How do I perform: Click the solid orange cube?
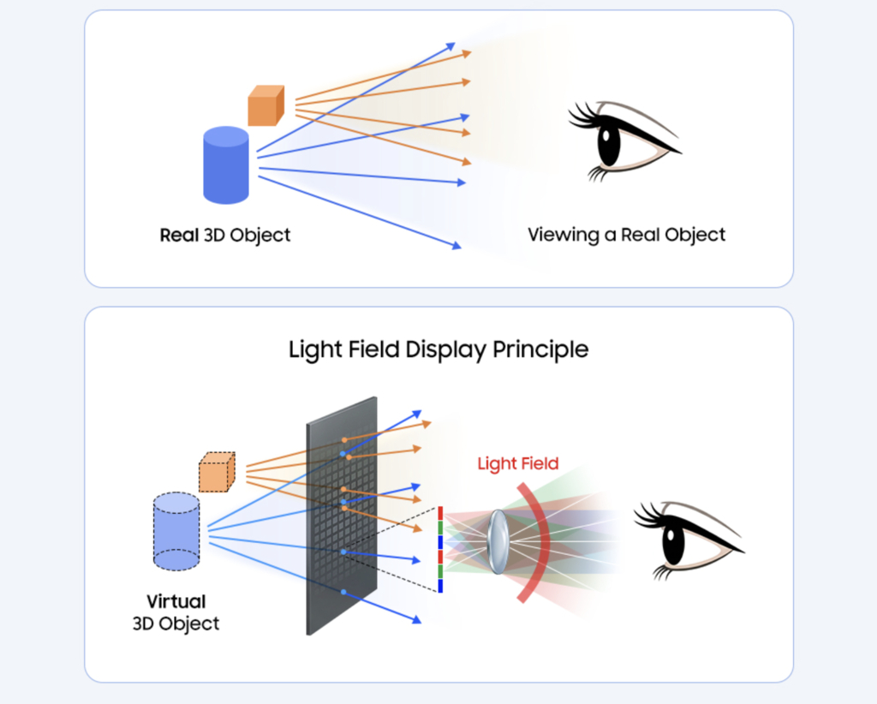point(265,106)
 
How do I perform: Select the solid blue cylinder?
point(226,166)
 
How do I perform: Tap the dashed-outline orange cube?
point(217,472)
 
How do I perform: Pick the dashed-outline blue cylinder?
point(176,531)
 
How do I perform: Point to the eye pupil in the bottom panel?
point(673,540)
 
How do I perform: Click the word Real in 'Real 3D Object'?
point(179,235)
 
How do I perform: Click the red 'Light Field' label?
point(517,464)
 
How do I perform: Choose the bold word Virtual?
point(176,601)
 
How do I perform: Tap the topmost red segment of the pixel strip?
point(439,513)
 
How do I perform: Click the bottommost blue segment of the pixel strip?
point(439,586)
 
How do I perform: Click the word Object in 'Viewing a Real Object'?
point(695,235)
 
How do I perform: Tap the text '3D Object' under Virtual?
point(176,623)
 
